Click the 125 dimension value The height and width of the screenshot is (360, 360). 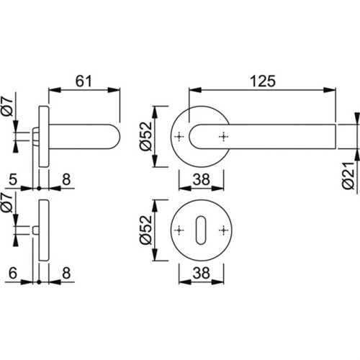(x=263, y=81)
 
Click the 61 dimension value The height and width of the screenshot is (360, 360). (x=84, y=81)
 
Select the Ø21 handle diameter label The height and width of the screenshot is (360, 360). (x=348, y=176)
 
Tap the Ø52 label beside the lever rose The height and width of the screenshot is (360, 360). (x=146, y=136)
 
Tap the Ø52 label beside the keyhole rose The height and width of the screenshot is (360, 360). (x=146, y=230)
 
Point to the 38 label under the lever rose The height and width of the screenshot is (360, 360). (x=201, y=179)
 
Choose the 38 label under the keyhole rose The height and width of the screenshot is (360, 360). (x=201, y=273)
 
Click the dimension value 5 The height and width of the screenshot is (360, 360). (x=13, y=179)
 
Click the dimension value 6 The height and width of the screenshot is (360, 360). (x=13, y=273)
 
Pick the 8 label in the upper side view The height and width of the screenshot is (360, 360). (x=66, y=179)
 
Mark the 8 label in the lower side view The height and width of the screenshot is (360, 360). (x=66, y=273)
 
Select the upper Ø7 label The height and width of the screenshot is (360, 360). (x=7, y=107)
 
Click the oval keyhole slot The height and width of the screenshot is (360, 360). (x=201, y=230)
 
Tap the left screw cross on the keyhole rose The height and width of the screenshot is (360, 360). (x=179, y=230)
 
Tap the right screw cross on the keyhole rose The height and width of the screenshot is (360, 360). (x=223, y=230)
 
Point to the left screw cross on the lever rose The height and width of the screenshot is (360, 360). (x=179, y=137)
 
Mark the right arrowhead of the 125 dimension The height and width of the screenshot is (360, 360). (x=329, y=90)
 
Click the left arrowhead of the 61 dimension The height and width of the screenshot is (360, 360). (x=55, y=90)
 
